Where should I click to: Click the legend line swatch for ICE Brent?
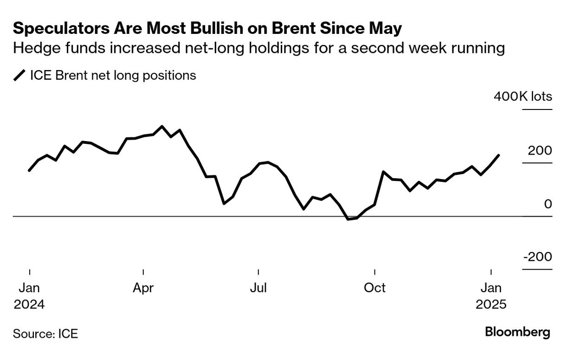(20, 76)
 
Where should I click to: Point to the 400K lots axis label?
(523, 96)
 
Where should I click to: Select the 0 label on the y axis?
(548, 204)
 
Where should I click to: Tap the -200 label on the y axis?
(537, 257)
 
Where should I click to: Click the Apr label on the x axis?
(143, 288)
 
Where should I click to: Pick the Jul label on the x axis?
(258, 288)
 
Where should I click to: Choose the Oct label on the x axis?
(374, 288)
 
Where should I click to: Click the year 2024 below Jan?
(29, 305)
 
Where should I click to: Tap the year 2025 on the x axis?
(491, 305)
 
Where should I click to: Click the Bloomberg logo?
(517, 332)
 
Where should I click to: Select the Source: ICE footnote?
(45, 333)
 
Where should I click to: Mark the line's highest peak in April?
(161, 126)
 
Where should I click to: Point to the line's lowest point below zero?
(348, 219)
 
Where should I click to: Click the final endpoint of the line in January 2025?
(499, 155)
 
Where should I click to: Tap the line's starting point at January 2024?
(29, 171)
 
